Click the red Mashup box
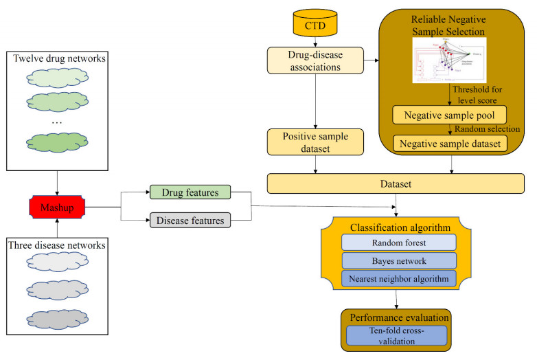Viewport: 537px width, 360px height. pyautogui.click(x=56, y=205)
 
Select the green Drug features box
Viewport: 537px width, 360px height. pyautogui.click(x=190, y=193)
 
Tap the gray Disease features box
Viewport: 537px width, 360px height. pyautogui.click(x=190, y=221)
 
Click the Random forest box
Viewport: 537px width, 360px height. pyautogui.click(x=398, y=242)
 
